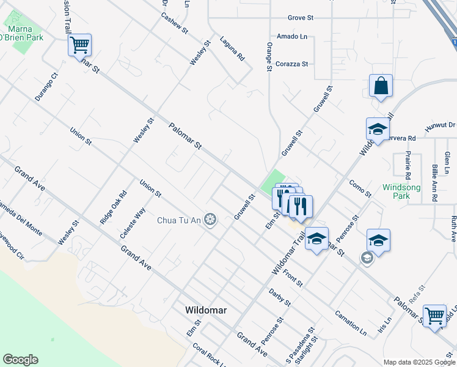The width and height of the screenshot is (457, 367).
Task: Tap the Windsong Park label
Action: (x=396, y=191)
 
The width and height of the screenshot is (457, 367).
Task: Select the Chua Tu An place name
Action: (x=180, y=220)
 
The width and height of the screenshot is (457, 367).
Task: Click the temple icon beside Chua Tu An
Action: (x=211, y=220)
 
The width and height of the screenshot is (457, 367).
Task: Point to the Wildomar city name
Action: (x=206, y=310)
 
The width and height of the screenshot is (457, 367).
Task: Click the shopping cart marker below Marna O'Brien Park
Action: (x=79, y=45)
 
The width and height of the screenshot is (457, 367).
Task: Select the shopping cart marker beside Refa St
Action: (x=434, y=316)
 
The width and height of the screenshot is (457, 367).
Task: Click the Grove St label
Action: (x=301, y=18)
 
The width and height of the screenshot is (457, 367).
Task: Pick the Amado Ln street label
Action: (x=292, y=37)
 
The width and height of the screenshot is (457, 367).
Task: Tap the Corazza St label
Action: (x=292, y=64)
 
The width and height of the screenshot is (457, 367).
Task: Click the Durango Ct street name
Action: (x=46, y=87)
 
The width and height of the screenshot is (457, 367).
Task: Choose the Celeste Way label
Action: (x=133, y=223)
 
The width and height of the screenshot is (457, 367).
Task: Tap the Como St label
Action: (x=360, y=188)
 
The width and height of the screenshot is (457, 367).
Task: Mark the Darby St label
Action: (x=280, y=297)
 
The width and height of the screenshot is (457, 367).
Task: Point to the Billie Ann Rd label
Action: (x=434, y=183)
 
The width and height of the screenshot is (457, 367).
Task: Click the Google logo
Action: (x=20, y=360)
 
